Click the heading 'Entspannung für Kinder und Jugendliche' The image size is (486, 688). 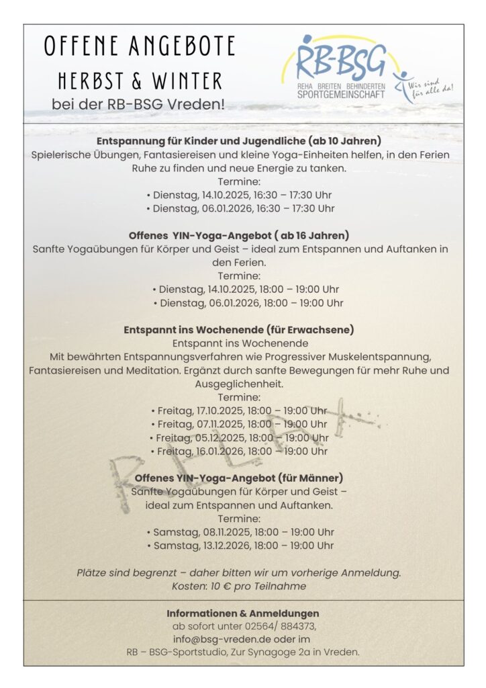coord(239,141)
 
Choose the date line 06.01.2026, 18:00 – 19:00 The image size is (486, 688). coord(248,303)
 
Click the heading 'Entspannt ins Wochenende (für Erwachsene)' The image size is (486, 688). coord(239,330)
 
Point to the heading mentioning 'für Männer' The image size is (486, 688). coord(239,478)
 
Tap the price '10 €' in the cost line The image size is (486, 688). coord(215,586)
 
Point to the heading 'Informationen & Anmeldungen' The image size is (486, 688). coord(243,613)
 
